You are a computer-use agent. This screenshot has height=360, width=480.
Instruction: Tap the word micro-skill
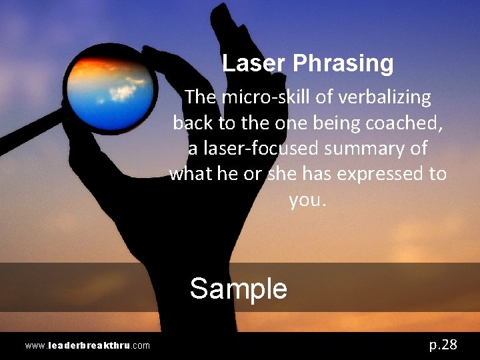[269, 97]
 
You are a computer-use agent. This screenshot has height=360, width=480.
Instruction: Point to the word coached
[403, 123]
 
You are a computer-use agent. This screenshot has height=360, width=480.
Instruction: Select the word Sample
[238, 289]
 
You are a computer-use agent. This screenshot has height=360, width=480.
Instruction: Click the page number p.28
[443, 344]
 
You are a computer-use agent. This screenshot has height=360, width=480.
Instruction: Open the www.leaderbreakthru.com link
[87, 345]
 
